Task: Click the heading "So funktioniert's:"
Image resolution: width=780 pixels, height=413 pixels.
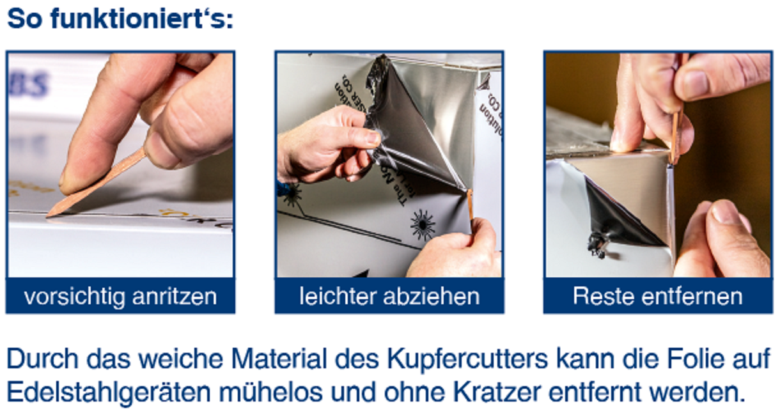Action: click(x=120, y=19)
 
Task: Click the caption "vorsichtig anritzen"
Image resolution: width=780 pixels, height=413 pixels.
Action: click(x=120, y=296)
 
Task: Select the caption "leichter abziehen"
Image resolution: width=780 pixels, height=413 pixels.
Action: click(x=389, y=296)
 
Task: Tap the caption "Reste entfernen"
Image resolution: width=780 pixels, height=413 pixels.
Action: click(x=657, y=296)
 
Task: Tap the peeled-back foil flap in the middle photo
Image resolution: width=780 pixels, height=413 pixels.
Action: click(x=409, y=128)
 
